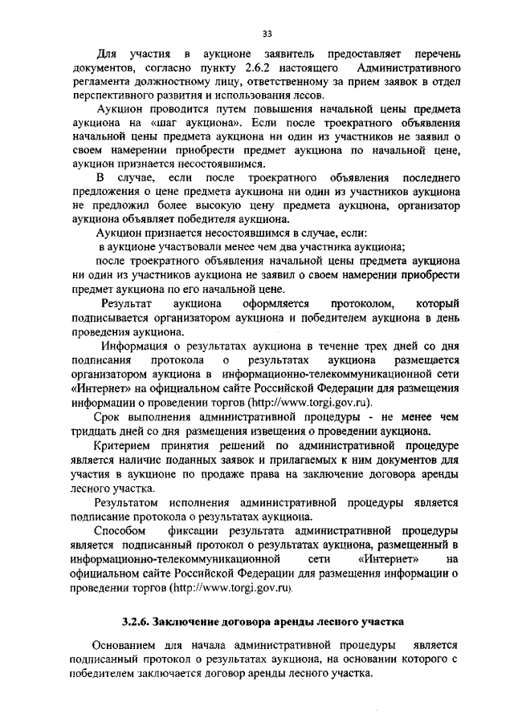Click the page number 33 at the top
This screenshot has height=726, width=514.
coord(267,33)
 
